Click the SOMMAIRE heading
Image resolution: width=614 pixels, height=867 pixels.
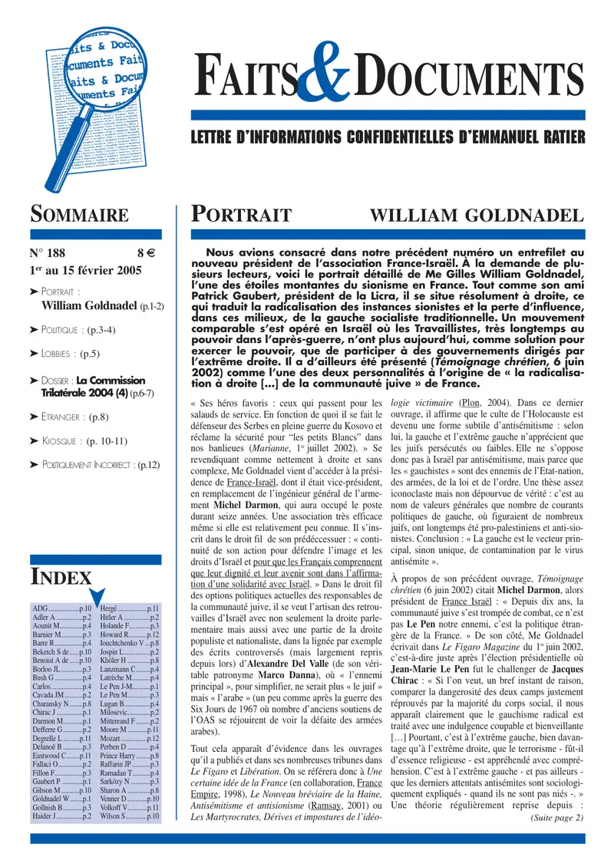click(x=79, y=214)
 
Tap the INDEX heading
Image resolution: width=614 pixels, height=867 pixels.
click(x=61, y=577)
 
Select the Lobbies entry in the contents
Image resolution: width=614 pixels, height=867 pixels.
click(x=69, y=354)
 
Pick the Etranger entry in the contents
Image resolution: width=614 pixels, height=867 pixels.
click(x=74, y=417)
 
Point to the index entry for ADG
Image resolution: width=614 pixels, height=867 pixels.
click(x=61, y=608)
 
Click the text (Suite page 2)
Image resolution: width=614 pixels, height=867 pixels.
click(x=556, y=818)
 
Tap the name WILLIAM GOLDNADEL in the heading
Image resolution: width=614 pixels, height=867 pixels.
click(x=477, y=215)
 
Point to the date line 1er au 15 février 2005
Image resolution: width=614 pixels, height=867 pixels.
click(x=92, y=270)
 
